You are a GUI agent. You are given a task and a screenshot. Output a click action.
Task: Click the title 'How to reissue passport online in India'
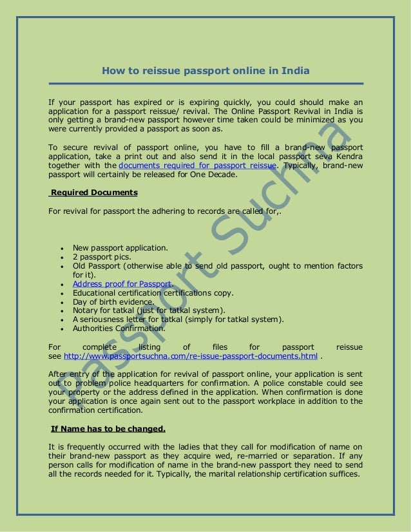pos(205,70)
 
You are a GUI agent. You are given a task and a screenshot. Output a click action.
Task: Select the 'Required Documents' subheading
pos(93,192)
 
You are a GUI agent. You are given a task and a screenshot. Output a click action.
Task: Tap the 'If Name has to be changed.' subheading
pos(108,429)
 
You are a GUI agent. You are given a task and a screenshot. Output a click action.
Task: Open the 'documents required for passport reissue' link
pos(198,165)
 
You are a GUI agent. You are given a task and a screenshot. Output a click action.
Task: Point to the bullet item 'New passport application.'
pos(120,247)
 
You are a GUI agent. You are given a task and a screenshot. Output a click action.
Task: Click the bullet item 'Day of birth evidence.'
pos(113,301)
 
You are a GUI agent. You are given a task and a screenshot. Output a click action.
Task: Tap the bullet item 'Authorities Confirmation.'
pos(119,328)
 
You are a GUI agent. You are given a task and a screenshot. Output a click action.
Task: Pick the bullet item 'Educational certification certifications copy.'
pos(153,292)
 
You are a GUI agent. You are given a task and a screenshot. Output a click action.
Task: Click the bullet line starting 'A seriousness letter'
pos(178,319)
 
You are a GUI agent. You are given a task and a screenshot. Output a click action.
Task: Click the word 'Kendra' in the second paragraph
pos(346,156)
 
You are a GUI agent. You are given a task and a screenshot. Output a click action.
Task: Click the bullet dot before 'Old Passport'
pos(60,266)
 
